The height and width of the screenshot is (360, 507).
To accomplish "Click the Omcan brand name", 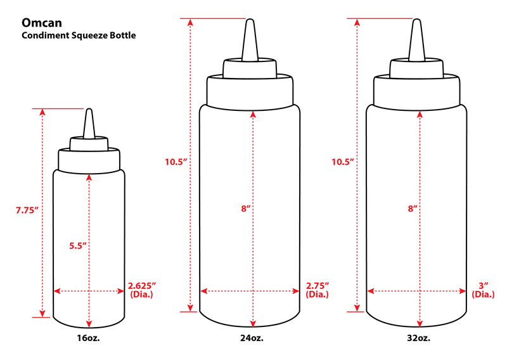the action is [x=42, y=23].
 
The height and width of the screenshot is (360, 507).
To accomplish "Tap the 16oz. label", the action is [x=88, y=338].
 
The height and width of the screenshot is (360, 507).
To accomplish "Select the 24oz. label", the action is [x=252, y=338].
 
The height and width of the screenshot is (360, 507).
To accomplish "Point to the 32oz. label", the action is [x=419, y=338].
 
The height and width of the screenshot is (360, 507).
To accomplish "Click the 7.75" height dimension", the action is [x=27, y=210].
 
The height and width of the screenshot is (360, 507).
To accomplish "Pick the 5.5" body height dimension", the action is [x=78, y=246].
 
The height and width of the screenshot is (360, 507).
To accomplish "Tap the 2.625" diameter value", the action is [x=142, y=286].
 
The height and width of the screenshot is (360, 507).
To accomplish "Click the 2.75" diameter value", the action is [x=318, y=286].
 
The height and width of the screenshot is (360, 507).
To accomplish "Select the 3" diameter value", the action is [x=484, y=286].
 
